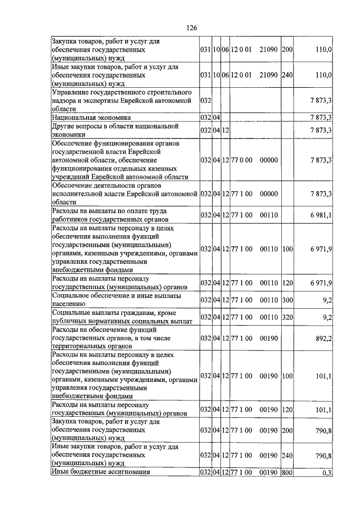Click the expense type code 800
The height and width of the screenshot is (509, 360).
coord(287,472)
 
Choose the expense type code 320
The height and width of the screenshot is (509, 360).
coord(287,318)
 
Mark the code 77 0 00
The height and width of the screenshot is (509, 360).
coord(241,160)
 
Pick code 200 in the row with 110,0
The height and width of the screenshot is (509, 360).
coord(287,50)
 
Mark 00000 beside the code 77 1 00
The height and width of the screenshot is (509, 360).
coord(269,193)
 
